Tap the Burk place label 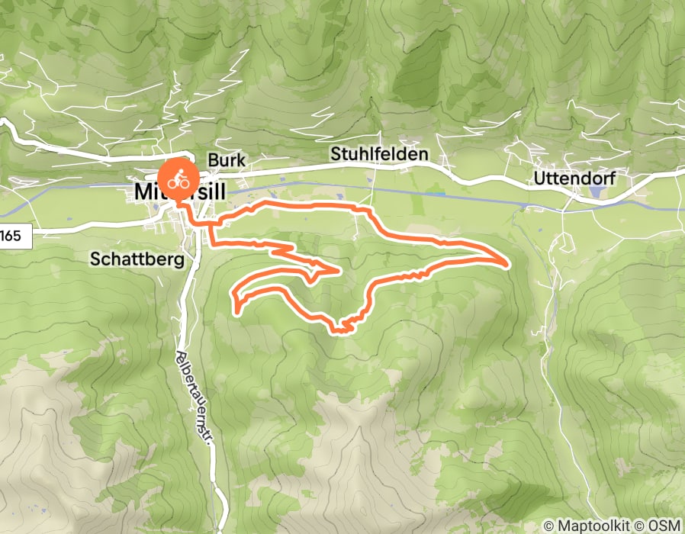click(227, 161)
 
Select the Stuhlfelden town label click(379, 154)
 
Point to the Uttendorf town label click(574, 179)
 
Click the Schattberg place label click(137, 259)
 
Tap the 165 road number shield click(11, 236)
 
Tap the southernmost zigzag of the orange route click(340, 329)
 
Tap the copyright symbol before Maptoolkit click(550, 526)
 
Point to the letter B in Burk click(213, 161)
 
